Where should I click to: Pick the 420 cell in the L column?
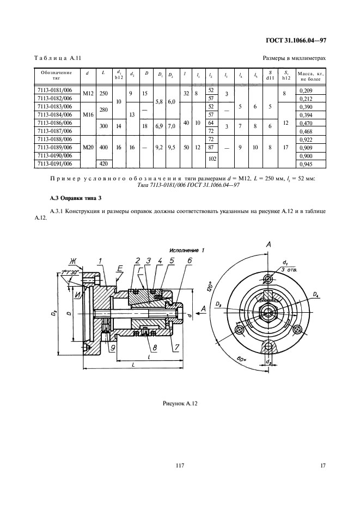[x=103, y=163]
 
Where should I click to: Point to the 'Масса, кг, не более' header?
[x=311, y=75]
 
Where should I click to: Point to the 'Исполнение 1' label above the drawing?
[x=186, y=250]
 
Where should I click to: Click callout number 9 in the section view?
[x=113, y=347]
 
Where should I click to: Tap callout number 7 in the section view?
[x=177, y=347]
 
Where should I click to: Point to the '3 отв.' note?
[x=290, y=270]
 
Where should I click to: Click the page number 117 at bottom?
[x=180, y=465]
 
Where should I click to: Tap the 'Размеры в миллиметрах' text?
[x=294, y=58]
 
